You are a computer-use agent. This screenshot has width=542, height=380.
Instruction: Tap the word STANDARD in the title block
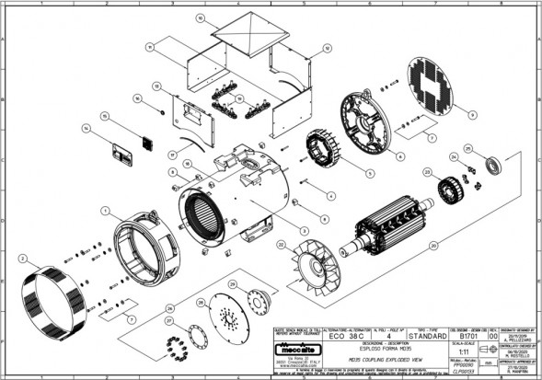pos(423,336)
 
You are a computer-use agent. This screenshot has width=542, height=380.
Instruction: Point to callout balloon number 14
pos(86,129)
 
